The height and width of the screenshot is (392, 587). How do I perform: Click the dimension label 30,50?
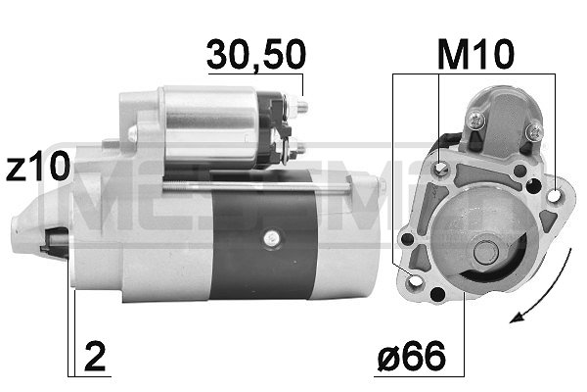click(x=254, y=57)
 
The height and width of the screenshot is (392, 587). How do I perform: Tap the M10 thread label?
click(x=474, y=55)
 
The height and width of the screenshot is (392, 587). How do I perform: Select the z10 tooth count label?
click(x=36, y=168)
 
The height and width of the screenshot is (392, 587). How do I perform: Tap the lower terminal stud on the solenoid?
click(x=298, y=150)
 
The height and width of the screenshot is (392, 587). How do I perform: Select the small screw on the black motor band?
click(x=270, y=237)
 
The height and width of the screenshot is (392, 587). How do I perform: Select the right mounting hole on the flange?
click(x=555, y=196)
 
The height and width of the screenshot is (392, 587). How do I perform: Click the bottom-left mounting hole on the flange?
click(x=414, y=285)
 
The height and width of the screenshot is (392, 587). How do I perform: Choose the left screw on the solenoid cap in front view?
click(x=475, y=120)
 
